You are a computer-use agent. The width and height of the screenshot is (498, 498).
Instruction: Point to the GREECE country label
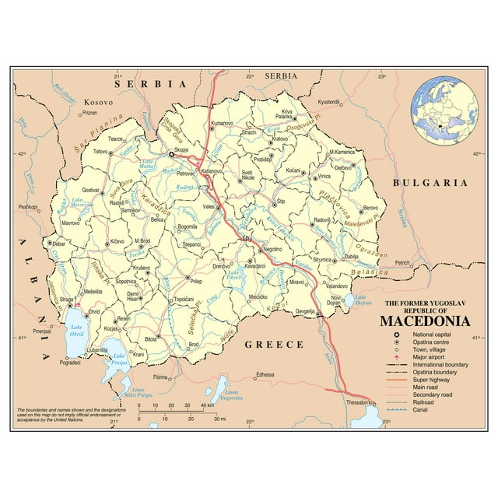point(274,343)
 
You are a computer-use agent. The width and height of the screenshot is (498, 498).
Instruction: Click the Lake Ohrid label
point(76,330)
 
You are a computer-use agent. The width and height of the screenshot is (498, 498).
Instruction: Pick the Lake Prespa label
point(119,361)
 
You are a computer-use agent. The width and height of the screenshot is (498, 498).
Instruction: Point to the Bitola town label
point(151,339)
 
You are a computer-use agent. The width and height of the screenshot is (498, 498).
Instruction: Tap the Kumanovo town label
point(223,123)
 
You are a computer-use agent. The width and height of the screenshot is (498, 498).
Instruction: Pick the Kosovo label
point(99,102)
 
